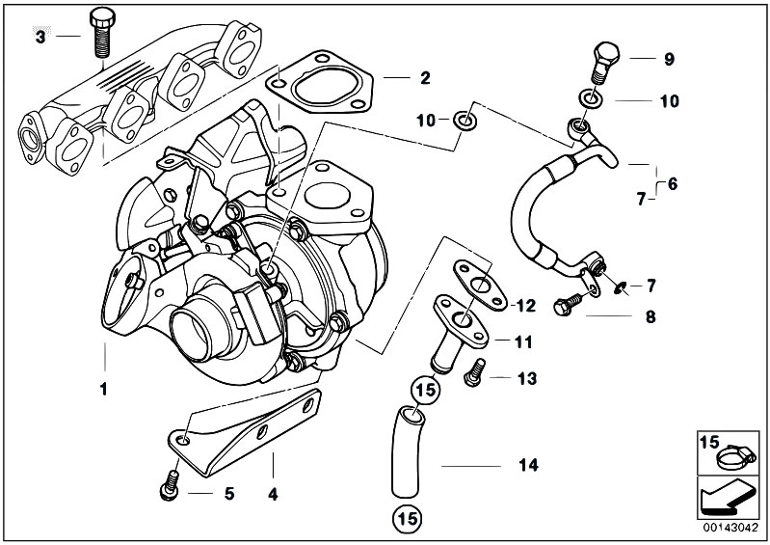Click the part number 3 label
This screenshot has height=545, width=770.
coord(40,38)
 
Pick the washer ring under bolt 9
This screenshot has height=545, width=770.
coord(588,98)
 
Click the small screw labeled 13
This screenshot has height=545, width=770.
coord(473,371)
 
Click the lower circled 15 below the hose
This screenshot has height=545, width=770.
coord(406,519)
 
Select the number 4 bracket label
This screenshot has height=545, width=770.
coord(273,494)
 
